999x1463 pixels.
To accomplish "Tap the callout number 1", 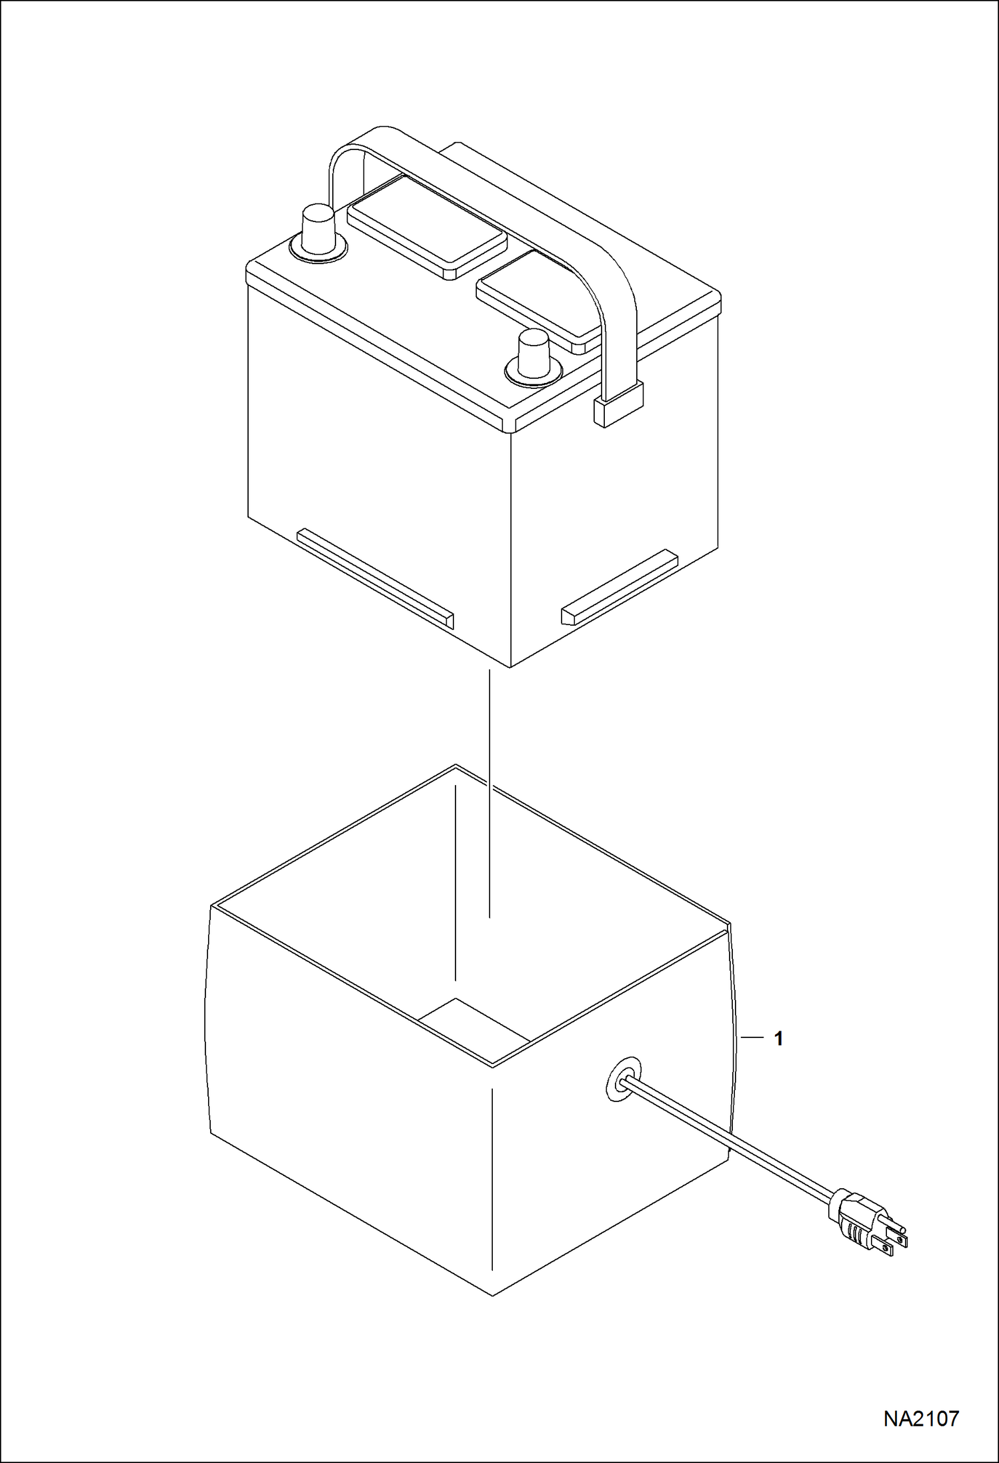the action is click(778, 1039).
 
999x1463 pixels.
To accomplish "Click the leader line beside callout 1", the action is click(751, 1038).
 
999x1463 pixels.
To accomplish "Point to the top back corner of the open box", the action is click(455, 765).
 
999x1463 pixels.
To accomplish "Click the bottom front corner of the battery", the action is click(510, 667).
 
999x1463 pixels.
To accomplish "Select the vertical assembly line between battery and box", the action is click(489, 795).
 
